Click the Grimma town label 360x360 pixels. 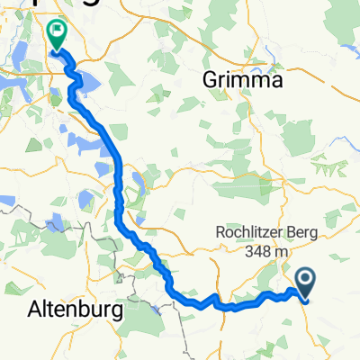[243, 80]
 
